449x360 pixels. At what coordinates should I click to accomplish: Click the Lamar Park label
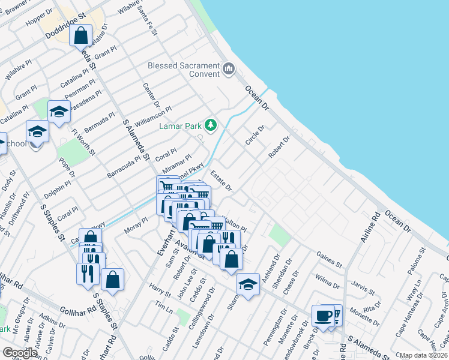(x=179, y=126)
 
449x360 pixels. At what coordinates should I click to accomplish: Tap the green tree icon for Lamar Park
(x=210, y=125)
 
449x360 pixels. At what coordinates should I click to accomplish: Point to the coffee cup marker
(x=323, y=316)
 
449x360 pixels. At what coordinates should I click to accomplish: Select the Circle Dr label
(x=255, y=135)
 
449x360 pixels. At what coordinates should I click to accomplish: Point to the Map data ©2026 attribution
(x=424, y=355)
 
